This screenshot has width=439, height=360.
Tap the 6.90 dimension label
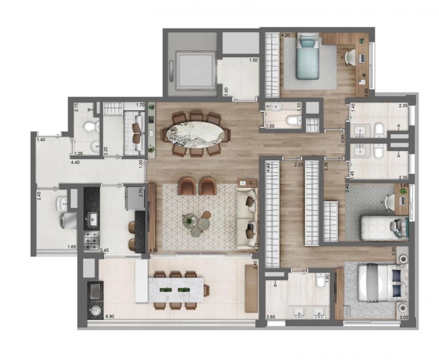pyautogui.click(x=110, y=317)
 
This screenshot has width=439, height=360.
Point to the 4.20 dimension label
pyautogui.click(x=286, y=35)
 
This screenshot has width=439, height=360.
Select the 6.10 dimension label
pyautogui.click(x=256, y=247)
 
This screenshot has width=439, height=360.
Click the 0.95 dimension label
pyautogui.click(x=343, y=139)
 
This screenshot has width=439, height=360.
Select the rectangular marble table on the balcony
pyautogui.click(x=176, y=290)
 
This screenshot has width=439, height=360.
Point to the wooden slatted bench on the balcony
pyautogui.click(x=251, y=288)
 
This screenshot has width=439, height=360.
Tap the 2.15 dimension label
pyautogui.click(x=76, y=108)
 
